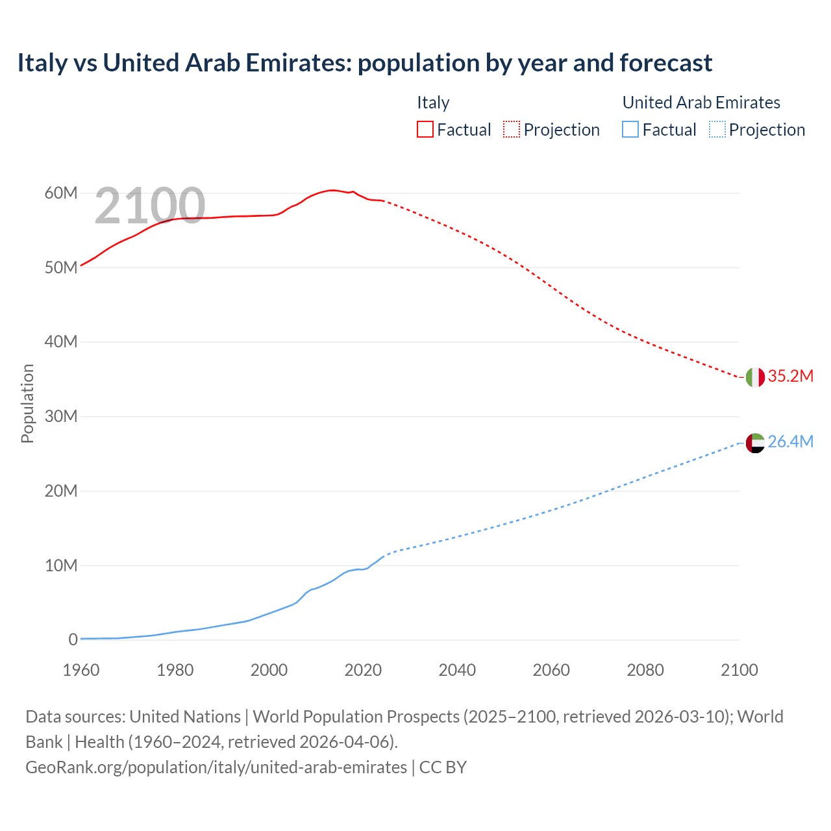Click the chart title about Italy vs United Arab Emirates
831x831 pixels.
(x=364, y=63)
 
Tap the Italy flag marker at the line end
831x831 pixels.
(x=755, y=377)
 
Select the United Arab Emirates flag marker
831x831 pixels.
(x=755, y=443)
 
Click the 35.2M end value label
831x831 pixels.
(x=790, y=377)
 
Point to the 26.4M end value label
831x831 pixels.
(x=790, y=442)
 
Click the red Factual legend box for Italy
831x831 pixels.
(x=425, y=130)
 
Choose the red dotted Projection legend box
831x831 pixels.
(x=511, y=130)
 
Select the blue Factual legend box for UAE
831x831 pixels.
(x=630, y=130)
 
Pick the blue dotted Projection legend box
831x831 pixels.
(x=717, y=130)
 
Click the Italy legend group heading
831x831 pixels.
(x=433, y=103)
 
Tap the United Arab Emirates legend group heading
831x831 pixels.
(x=701, y=103)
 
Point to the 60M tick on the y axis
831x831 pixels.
(x=61, y=193)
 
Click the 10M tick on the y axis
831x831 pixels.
(x=61, y=566)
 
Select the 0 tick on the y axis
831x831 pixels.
(x=73, y=640)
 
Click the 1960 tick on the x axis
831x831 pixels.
(x=81, y=670)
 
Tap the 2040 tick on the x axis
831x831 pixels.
(x=457, y=670)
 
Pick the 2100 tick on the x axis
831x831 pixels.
(x=739, y=670)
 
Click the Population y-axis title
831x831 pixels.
(x=27, y=403)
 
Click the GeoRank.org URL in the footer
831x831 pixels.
(x=216, y=767)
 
